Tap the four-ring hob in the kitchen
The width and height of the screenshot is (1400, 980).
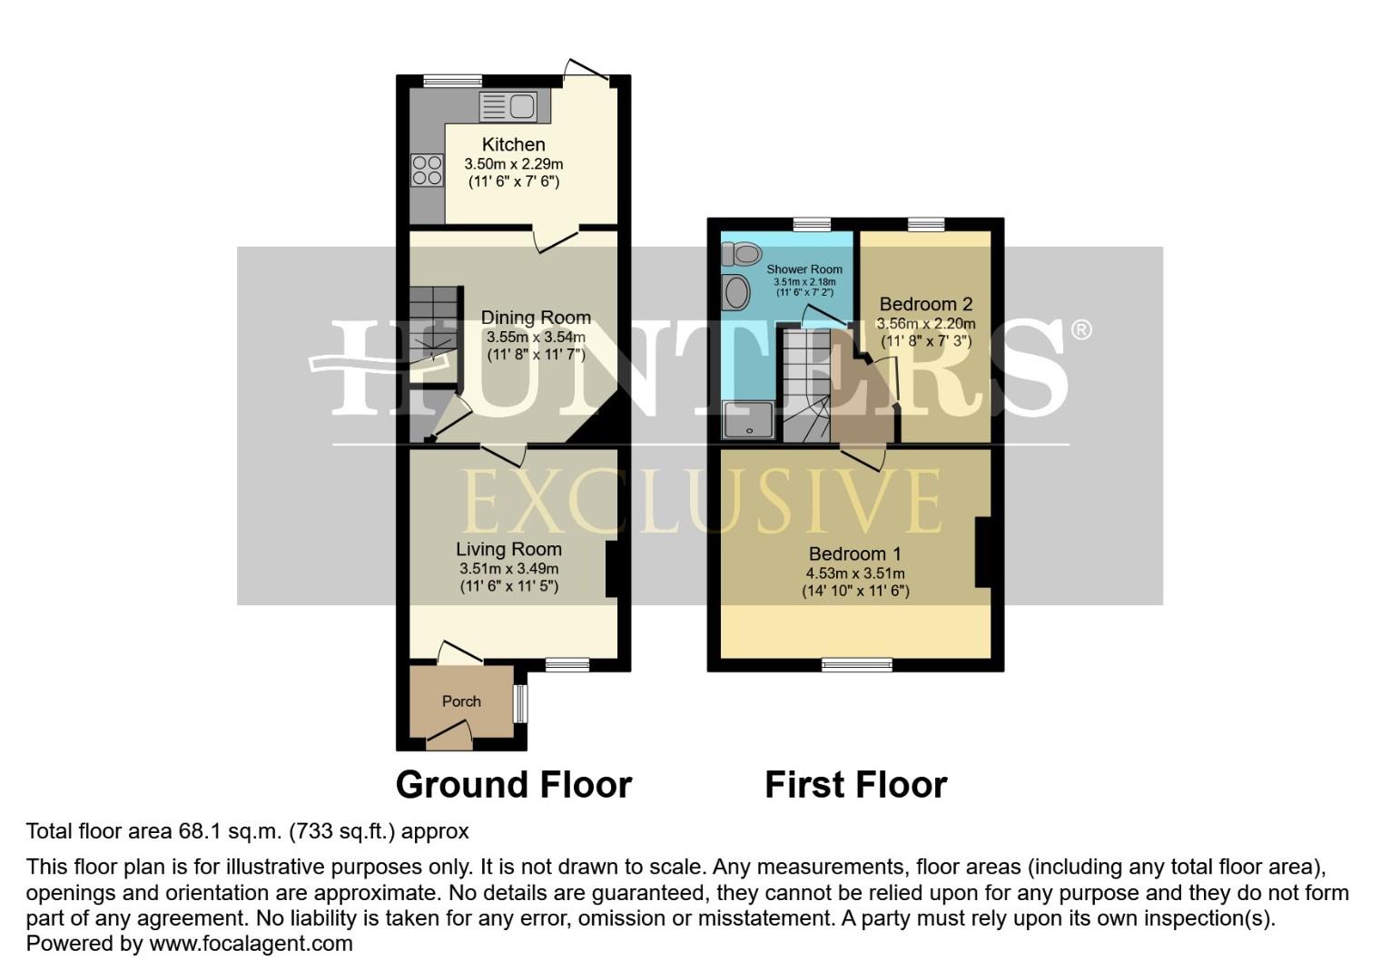click(427, 170)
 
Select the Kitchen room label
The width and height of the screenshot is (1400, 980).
click(513, 144)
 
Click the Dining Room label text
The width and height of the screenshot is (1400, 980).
click(536, 318)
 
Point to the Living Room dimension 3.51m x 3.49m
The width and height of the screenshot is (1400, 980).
click(508, 569)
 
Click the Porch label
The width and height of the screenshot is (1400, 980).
click(461, 701)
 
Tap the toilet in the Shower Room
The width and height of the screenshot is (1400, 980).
click(742, 253)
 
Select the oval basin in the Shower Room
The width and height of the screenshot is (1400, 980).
click(736, 293)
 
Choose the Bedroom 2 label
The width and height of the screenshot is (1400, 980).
click(919, 304)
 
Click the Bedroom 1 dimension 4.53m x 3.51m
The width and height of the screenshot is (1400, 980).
click(854, 573)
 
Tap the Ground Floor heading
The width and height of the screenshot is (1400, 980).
click(513, 785)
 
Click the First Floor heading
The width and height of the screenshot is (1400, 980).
click(855, 785)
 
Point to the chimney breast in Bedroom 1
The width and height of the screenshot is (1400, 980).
click(983, 552)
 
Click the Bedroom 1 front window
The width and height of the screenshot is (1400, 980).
click(856, 666)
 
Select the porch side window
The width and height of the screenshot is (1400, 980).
click(520, 703)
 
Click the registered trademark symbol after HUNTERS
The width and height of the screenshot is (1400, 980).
click(1080, 330)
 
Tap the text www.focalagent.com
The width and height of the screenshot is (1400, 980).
click(251, 944)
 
